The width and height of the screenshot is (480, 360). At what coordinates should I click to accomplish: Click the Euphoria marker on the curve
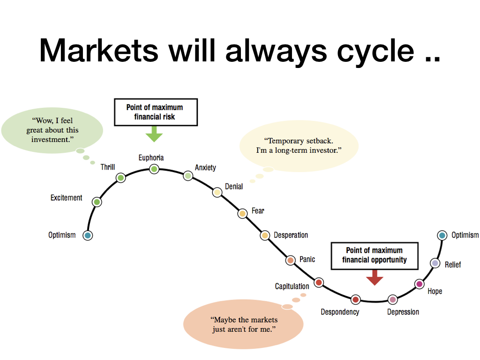click(x=154, y=169)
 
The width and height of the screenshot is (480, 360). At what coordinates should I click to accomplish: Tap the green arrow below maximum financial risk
click(x=154, y=134)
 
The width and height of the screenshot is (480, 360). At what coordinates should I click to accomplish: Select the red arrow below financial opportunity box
click(x=375, y=277)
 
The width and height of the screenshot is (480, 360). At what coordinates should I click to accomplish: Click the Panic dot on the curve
click(x=291, y=260)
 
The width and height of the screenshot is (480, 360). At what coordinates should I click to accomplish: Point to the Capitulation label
click(x=292, y=286)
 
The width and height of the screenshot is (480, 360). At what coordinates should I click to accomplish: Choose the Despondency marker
click(x=356, y=300)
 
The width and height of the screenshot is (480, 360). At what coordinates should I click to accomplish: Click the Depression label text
click(x=403, y=312)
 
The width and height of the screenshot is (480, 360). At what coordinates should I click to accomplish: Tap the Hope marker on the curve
click(x=420, y=284)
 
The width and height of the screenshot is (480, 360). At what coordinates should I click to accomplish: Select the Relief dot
click(x=435, y=263)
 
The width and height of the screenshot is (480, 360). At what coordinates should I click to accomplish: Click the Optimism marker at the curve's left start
click(x=88, y=235)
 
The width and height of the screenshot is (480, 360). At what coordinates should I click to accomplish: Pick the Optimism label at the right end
click(x=465, y=235)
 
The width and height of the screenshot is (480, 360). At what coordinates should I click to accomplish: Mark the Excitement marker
click(x=97, y=202)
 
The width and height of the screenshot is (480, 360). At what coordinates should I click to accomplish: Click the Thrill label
click(x=108, y=167)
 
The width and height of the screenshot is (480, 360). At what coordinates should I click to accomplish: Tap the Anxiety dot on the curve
click(x=188, y=176)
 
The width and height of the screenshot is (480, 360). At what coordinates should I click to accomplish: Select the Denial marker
click(x=217, y=192)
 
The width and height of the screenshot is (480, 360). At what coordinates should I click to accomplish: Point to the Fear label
click(x=258, y=210)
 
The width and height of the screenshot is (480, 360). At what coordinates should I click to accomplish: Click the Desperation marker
click(x=265, y=235)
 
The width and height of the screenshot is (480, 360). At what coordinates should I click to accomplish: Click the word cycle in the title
click(x=375, y=51)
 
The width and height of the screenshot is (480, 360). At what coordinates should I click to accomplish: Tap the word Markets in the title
click(x=99, y=50)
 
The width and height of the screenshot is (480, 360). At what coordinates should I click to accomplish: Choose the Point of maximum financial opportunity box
click(x=375, y=256)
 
